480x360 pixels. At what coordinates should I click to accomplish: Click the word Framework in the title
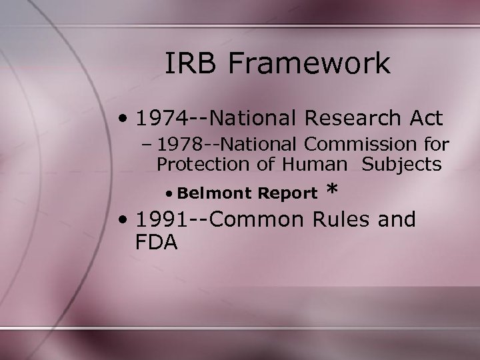pos(311,64)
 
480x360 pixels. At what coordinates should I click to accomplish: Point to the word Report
pos(287,194)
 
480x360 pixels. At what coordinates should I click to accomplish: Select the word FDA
pos(156,241)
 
